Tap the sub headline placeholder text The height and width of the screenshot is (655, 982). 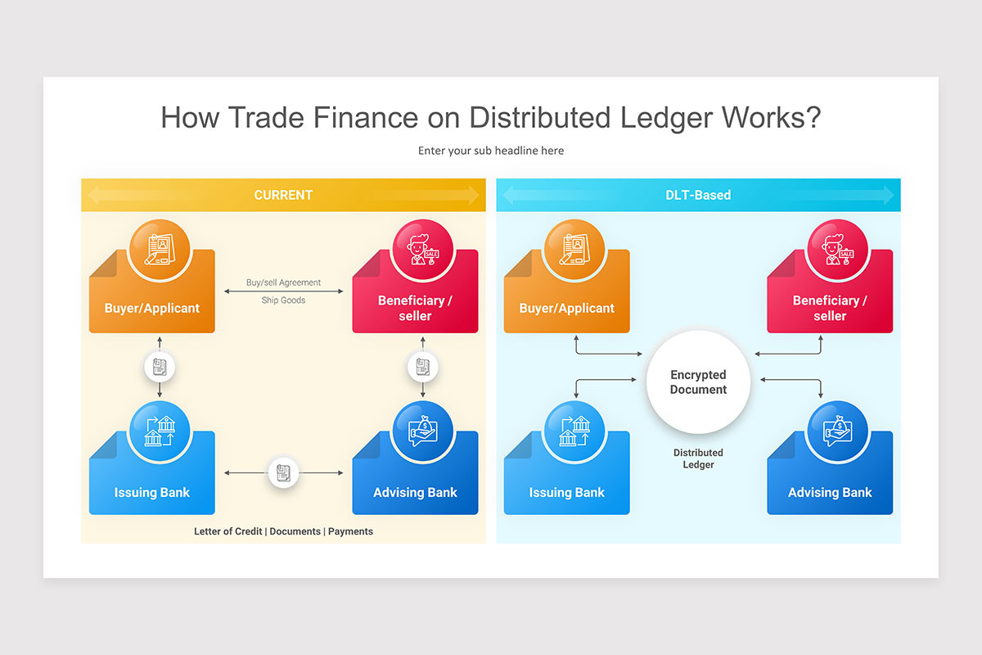(491, 151)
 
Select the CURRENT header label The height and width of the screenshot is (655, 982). (283, 195)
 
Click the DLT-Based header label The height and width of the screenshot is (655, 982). (698, 195)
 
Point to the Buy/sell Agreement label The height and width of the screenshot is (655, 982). (283, 282)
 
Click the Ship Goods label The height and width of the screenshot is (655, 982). (283, 300)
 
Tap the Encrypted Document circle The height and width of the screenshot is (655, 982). (698, 382)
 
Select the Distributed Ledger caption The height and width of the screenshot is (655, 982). (698, 458)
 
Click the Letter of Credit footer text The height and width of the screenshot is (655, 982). (228, 531)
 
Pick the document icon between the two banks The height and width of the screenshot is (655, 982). (283, 472)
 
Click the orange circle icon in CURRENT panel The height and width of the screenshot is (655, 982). (160, 249)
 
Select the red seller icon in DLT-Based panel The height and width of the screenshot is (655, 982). (837, 249)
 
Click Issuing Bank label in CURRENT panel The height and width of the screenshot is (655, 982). (152, 493)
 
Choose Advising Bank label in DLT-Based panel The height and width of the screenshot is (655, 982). (830, 493)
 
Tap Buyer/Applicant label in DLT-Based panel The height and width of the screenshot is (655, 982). (566, 309)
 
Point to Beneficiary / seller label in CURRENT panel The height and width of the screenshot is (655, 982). (415, 308)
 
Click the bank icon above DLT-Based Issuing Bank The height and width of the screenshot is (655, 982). (574, 431)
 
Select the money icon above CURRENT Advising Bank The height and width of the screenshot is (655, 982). (423, 431)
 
